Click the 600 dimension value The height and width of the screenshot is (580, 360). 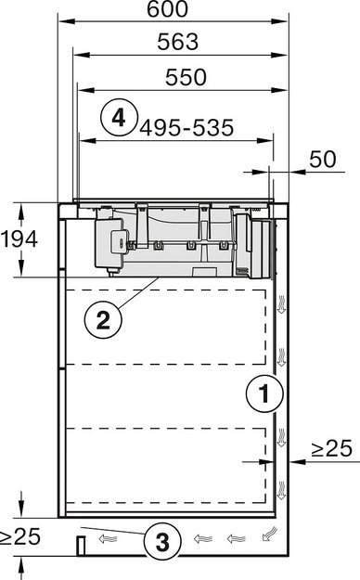click(166, 10)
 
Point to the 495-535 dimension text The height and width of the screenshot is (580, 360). click(185, 128)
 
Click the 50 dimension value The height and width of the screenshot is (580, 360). click(321, 159)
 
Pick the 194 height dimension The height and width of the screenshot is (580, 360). click(19, 239)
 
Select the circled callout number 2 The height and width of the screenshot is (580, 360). click(102, 320)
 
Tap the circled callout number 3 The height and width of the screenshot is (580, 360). click(162, 541)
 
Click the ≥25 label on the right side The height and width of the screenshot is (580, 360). click(331, 449)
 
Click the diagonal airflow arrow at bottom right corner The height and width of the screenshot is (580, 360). click(269, 534)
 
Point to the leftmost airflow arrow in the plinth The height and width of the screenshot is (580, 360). click(109, 535)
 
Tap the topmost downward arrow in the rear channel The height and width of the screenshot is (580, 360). click(283, 301)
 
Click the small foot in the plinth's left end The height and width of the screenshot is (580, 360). click(82, 543)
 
